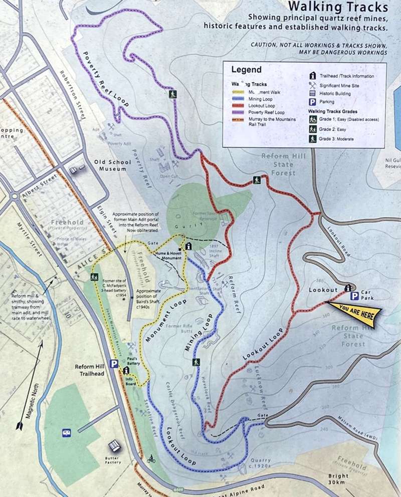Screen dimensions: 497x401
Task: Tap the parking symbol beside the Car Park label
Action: (354, 296)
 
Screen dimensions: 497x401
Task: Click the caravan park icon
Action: (66, 432)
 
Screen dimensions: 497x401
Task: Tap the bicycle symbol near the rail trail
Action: (150, 458)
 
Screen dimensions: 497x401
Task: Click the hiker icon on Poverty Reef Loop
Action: (172, 94)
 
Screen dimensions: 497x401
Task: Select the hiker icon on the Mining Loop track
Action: (196, 362)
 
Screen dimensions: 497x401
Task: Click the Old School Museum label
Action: (112, 165)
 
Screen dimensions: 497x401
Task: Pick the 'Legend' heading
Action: (246, 69)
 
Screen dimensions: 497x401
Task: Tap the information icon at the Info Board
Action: (126, 370)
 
